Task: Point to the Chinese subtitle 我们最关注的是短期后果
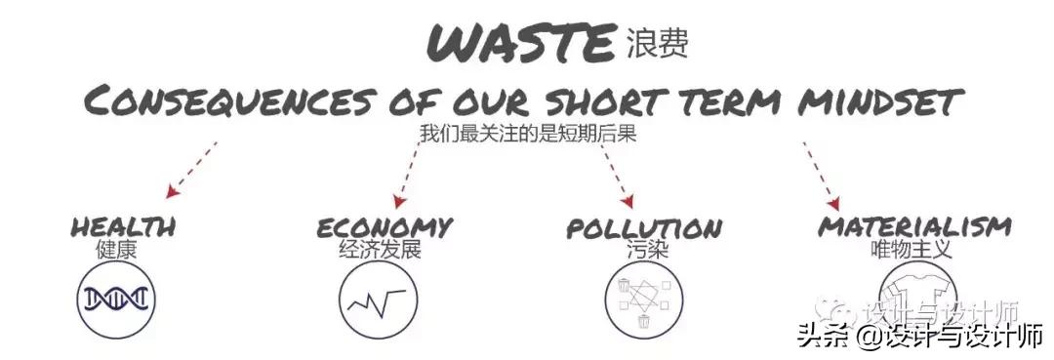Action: [527, 134]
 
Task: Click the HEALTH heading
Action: [123, 226]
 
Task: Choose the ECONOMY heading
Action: [385, 226]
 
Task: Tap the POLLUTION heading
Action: [644, 228]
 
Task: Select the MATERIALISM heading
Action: [914, 226]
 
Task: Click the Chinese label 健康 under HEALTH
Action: [116, 249]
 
